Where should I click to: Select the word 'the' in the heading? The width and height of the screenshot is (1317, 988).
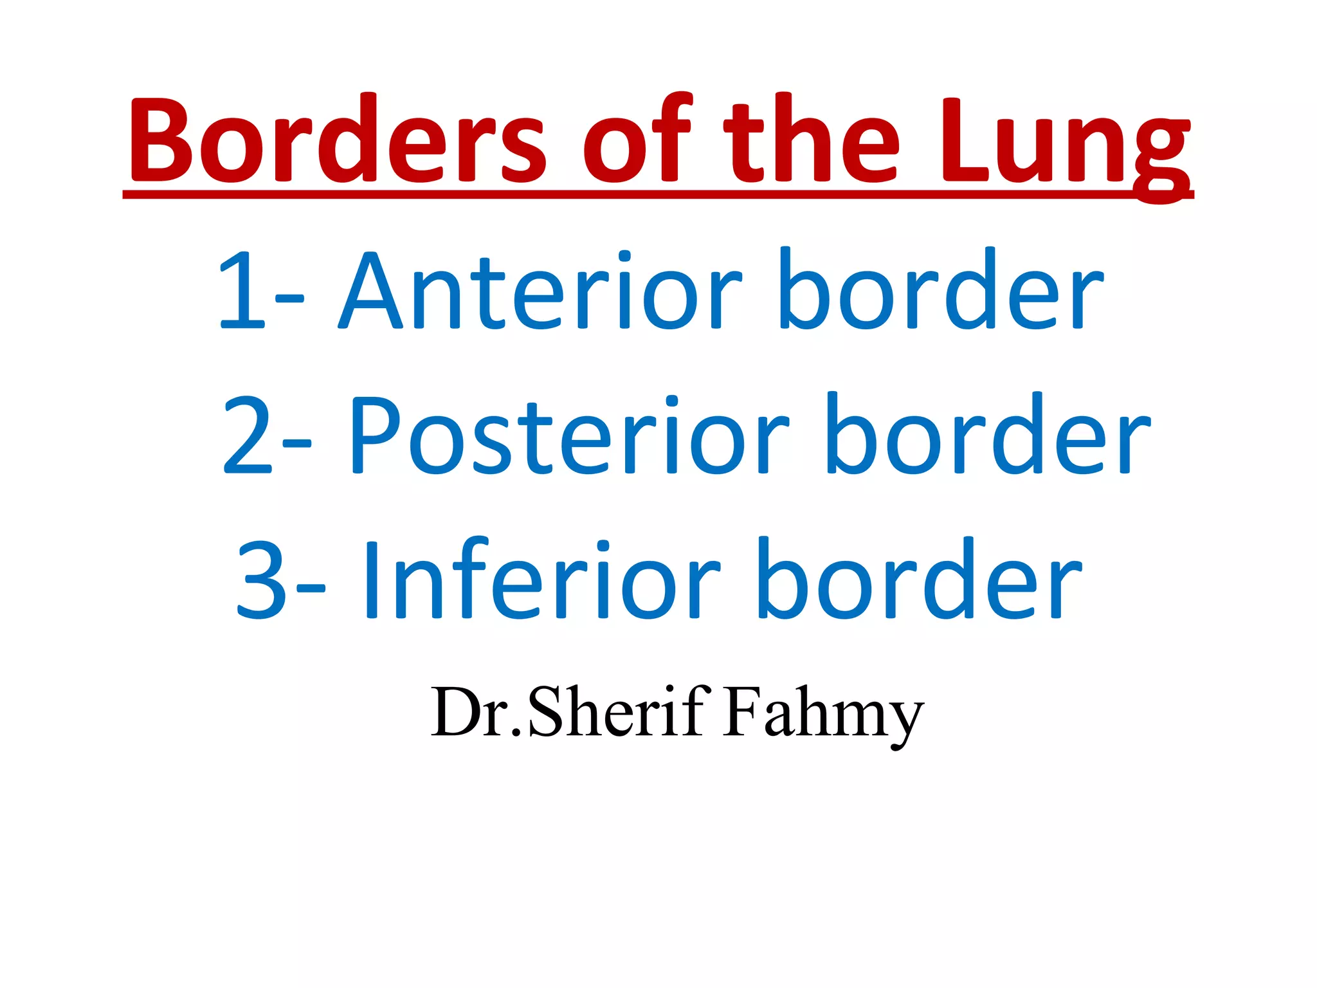click(811, 138)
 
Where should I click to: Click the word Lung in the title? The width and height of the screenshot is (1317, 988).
click(1064, 145)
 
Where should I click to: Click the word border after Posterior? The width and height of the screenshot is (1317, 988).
click(988, 435)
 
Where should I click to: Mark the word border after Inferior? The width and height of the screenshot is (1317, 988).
click(920, 579)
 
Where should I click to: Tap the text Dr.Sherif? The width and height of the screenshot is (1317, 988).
click(570, 711)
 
